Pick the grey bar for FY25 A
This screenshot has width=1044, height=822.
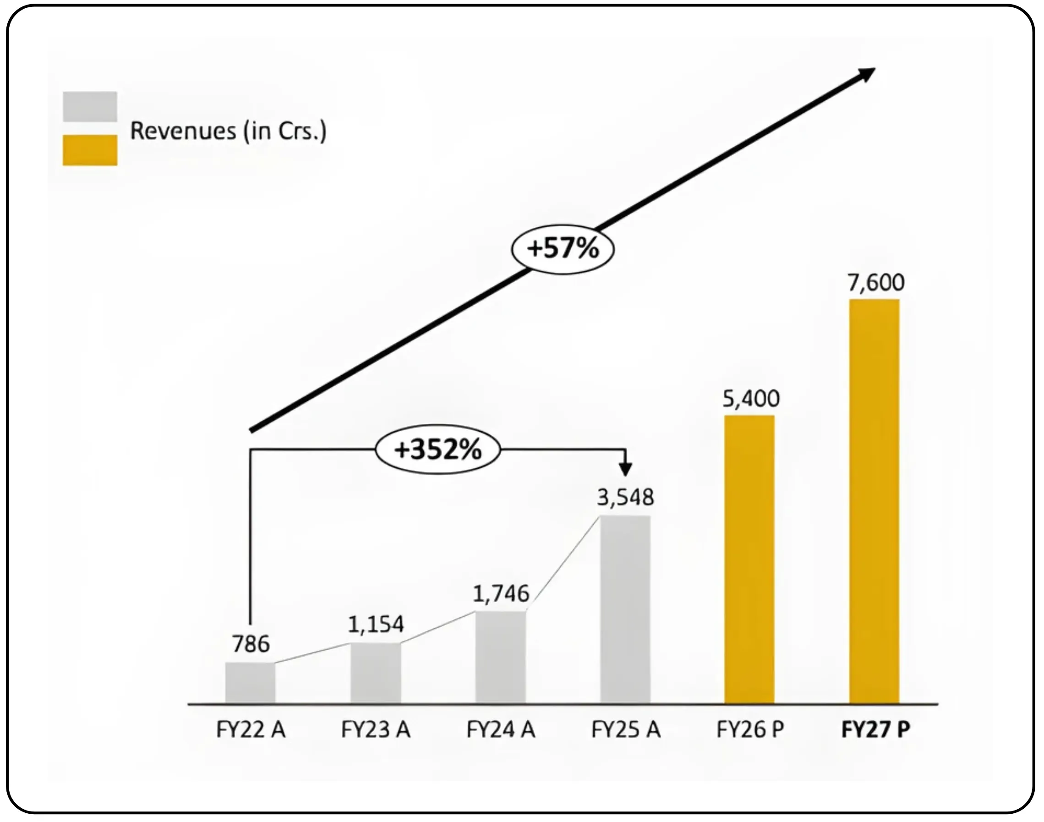coord(625,609)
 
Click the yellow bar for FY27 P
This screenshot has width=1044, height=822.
coord(874,501)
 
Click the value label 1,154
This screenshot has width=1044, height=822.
coord(375,625)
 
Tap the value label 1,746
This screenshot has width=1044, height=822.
coord(500,594)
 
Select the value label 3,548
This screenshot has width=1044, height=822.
coord(625,498)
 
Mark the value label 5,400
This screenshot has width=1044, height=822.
coord(750,399)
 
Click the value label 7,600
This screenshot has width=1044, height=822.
coord(875,283)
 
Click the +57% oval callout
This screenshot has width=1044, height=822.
coord(563,249)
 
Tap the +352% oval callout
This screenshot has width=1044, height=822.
coord(437,450)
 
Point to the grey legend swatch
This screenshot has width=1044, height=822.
coord(90,106)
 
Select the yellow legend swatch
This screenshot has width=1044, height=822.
coord(90,150)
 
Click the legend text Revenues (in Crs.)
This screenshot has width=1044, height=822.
coord(228,131)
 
